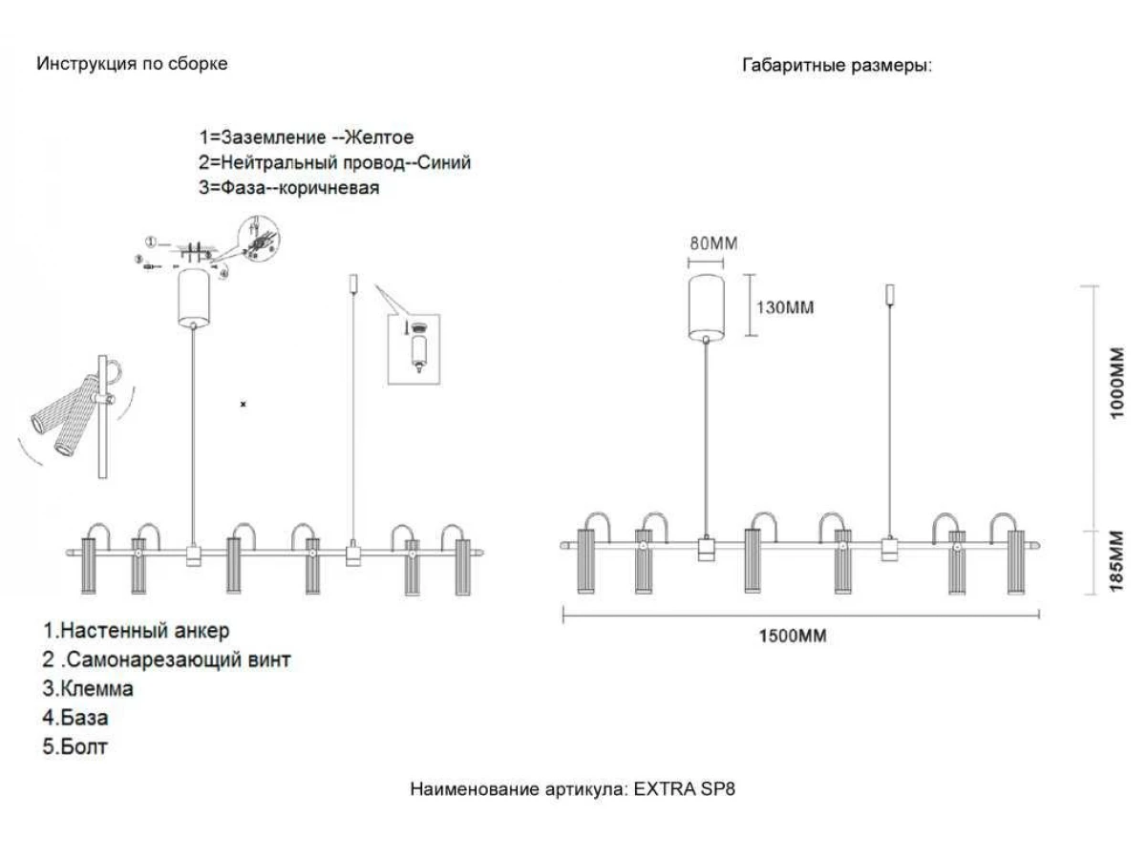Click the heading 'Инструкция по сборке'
132,64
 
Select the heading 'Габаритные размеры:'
837,66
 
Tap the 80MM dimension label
714,243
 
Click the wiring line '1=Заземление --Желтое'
306,137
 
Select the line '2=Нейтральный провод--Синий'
334,162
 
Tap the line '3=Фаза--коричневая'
288,187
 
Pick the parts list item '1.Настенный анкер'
136,631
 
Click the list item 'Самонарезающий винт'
166,660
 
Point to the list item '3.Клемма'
88,688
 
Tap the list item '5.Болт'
74,746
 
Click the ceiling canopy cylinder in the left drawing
194,297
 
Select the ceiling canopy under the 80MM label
708,306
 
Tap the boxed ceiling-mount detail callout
414,349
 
